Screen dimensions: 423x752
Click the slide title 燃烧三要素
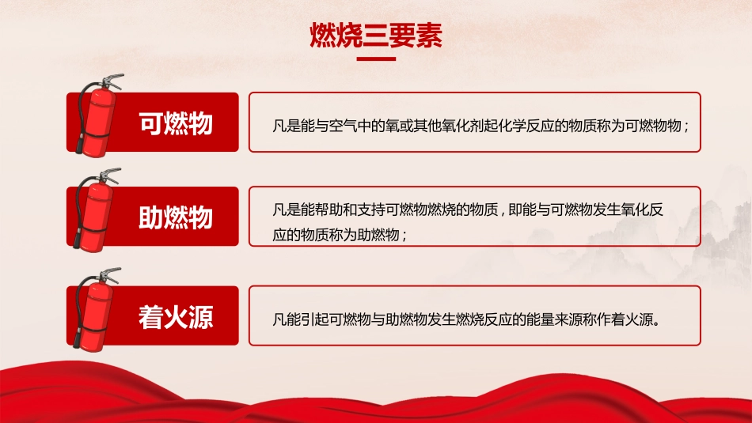coord(375,36)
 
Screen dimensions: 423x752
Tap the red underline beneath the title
coord(375,58)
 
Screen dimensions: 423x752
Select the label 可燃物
coord(176,123)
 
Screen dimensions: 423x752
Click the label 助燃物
coord(176,217)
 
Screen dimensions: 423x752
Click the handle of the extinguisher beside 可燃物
coord(112,80)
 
